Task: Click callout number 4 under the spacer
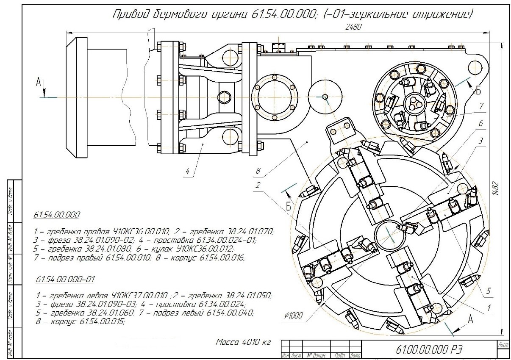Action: click(x=186, y=171)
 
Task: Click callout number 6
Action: click(x=480, y=123)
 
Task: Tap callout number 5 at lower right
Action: click(x=488, y=291)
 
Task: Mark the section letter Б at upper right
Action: click(x=478, y=90)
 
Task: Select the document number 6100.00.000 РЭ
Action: click(x=428, y=350)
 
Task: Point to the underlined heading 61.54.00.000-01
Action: click(x=65, y=280)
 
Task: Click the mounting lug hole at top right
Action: click(x=476, y=65)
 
